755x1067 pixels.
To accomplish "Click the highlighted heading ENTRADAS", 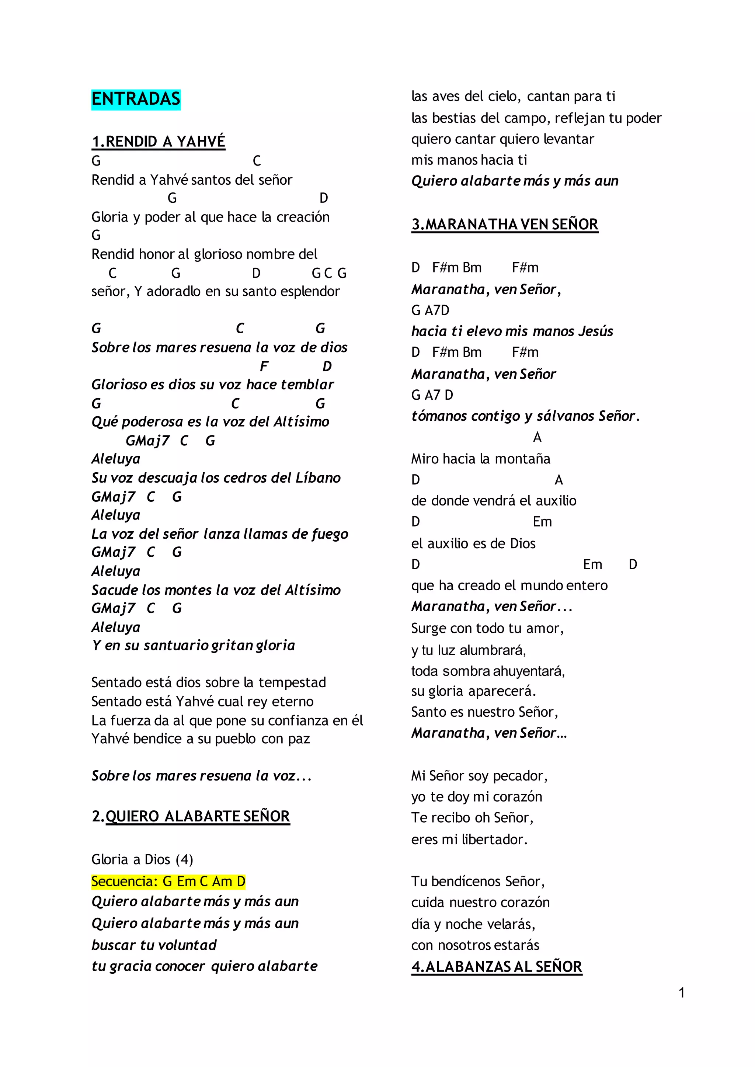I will pos(136,99).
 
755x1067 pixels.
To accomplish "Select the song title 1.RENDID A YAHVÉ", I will pos(158,141).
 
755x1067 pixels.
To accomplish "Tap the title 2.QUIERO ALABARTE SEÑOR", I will pos(191,816).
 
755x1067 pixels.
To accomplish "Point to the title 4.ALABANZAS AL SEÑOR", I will pos(497,967).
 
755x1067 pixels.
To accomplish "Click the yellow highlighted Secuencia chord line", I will pos(168,881).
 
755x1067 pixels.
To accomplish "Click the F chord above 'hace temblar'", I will pos(264,366).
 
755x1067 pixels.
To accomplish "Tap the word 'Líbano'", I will pos(318,477).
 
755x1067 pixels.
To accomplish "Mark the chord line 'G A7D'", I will pos(430,310).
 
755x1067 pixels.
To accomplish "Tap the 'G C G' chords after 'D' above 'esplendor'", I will pos(329,273).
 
